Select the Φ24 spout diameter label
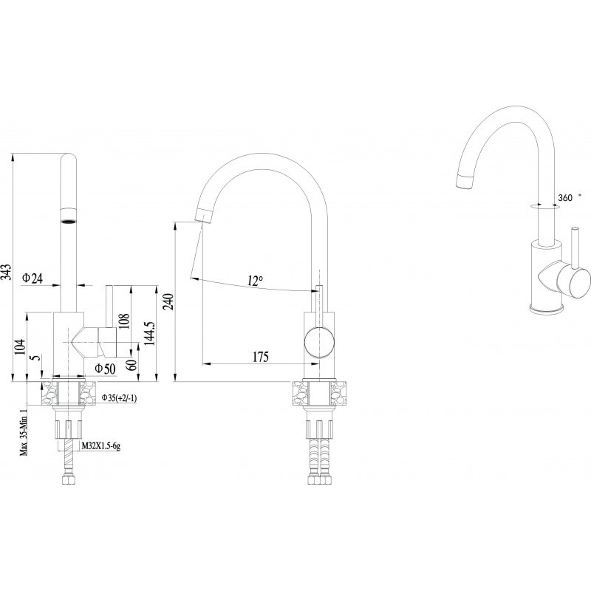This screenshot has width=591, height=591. point(33,279)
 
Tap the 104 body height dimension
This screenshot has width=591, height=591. point(21,346)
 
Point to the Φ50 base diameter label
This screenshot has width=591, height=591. point(105,368)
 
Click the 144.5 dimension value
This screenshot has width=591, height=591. point(149,332)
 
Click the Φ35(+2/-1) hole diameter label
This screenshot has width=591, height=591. point(119,397)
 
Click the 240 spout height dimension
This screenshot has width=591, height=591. point(168,301)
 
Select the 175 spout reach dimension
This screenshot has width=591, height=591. point(261,357)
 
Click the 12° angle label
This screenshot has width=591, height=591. point(255,280)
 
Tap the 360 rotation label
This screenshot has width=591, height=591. point(565,197)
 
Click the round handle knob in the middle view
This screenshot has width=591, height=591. point(319,342)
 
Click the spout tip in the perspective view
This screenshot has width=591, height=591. point(464,182)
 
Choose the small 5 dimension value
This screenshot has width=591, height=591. point(35,358)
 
